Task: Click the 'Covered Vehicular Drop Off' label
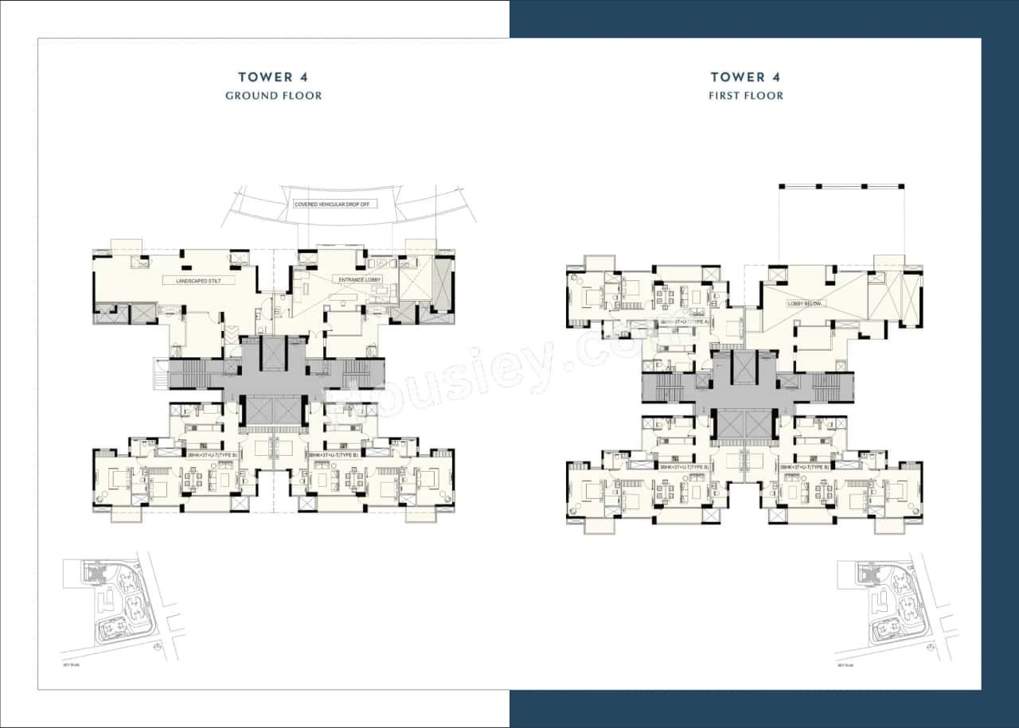335,204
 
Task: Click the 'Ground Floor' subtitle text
273,95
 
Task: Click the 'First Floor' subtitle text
746,95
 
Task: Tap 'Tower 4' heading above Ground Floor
273,77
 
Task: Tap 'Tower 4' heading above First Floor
746,77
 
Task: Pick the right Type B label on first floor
806,467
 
